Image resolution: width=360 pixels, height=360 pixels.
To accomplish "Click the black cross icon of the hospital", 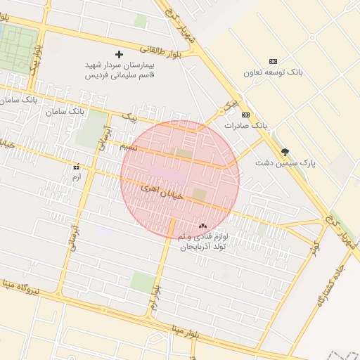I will click(119, 54).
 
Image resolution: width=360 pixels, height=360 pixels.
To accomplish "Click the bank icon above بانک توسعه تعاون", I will click(274, 62).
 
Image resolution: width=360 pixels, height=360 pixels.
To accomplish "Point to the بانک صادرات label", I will click(245, 125).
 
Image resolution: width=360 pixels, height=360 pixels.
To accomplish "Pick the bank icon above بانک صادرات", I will click(245, 115).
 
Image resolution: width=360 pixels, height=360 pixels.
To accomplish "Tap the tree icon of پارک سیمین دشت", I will click(285, 151).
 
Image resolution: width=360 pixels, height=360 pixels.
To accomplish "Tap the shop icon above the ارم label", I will click(76, 167).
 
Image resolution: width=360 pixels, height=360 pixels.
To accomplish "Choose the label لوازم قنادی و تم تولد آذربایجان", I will click(202, 243).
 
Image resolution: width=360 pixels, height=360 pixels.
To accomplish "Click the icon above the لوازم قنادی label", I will click(202, 226).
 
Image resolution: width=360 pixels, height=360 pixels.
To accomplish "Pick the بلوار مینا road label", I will click(193, 329).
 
